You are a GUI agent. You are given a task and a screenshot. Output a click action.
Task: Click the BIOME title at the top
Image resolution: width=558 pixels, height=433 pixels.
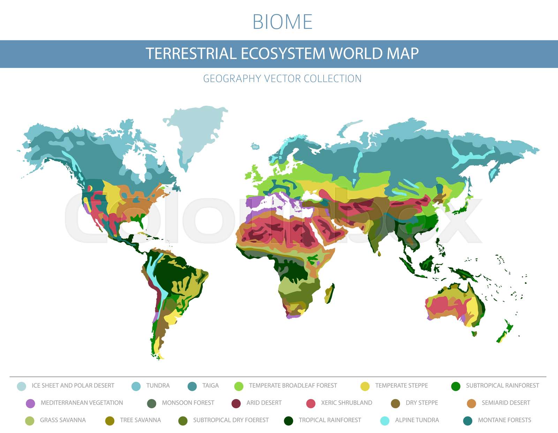tap(282, 22)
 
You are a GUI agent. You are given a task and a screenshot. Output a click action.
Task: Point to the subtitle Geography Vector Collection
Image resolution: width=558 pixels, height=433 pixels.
tap(282, 79)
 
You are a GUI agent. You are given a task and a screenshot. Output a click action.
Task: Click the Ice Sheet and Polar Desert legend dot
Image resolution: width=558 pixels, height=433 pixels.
tap(21, 386)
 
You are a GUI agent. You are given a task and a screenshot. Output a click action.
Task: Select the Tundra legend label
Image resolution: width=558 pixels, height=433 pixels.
tap(158, 386)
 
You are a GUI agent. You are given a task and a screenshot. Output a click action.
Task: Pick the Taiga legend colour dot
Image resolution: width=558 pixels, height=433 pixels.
tap(192, 386)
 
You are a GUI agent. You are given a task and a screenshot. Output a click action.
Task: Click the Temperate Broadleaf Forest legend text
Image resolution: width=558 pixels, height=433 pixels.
tap(293, 386)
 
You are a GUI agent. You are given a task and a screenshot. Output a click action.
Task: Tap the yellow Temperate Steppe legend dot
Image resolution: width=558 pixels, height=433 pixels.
tap(365, 386)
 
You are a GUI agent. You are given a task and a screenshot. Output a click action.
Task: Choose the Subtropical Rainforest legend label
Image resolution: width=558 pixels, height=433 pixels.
tap(502, 386)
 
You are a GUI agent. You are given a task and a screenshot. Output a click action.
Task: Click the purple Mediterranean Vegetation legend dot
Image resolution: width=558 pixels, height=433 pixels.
tap(30, 403)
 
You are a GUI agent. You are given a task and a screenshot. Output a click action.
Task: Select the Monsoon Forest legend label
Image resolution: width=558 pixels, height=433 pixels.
tap(188, 403)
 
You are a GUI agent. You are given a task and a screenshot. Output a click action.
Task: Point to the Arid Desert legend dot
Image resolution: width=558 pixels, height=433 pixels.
tap(236, 403)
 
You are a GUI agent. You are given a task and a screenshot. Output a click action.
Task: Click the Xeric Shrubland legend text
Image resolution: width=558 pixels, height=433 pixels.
tap(346, 403)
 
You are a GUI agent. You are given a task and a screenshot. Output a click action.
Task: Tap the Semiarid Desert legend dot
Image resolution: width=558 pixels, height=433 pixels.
tap(472, 403)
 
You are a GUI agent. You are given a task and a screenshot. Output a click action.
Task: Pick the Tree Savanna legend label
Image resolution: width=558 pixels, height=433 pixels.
tap(140, 420)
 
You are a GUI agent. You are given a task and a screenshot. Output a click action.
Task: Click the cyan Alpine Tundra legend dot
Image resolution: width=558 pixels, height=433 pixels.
tap(384, 421)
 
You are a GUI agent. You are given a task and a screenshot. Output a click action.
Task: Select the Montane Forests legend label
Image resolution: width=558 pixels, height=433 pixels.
tap(504, 420)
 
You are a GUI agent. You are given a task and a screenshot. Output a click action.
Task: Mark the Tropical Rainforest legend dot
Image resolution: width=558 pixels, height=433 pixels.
tap(288, 421)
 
